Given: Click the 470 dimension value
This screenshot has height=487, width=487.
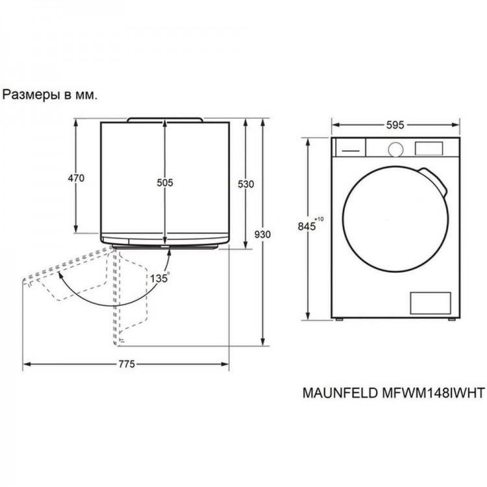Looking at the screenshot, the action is point(76,179).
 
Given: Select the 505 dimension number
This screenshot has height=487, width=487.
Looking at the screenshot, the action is point(165,182).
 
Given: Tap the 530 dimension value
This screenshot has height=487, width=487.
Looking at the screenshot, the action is point(245,184).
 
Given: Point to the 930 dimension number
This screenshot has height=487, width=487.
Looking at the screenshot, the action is point(262,234).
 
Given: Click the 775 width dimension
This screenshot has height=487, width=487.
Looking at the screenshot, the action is point(127,364).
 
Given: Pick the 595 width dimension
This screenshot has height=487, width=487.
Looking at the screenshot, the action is point(395,125).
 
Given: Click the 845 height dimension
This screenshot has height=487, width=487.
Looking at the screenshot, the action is point(306,226).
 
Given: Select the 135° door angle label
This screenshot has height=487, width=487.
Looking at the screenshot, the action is point(160,278).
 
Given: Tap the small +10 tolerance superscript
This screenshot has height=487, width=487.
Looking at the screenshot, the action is point(319,219).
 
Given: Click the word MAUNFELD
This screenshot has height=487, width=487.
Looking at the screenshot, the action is point(340,393).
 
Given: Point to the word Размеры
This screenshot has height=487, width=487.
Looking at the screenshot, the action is point(31,95).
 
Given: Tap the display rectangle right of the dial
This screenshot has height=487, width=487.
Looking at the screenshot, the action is point(429,149).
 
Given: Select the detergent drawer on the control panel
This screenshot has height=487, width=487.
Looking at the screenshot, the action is point(349,147).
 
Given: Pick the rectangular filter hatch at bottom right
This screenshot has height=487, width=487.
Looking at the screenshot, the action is point(430,303).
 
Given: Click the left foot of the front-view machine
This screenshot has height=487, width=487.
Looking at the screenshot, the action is point(339,319).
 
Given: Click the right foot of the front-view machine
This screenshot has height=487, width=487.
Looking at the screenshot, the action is point(451,319).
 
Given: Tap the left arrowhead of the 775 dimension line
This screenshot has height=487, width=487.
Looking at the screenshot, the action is point(27,364).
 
